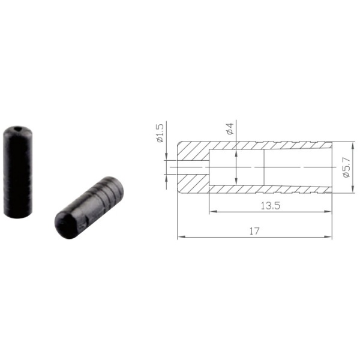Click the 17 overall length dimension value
click(254, 230)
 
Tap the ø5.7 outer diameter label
click(346, 167)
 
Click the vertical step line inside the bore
click(265, 167)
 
